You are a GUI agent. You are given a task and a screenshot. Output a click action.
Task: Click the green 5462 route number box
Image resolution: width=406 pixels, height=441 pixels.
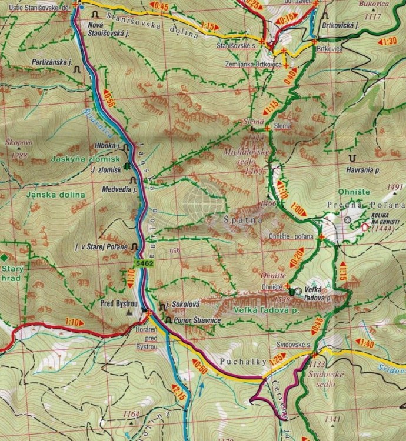pyautogui.click(x=144, y=264)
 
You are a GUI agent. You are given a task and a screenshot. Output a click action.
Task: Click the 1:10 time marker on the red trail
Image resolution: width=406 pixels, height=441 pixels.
pyautogui.click(x=74, y=322)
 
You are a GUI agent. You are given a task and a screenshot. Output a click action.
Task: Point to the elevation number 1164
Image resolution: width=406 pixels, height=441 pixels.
pyautogui.click(x=132, y=415)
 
